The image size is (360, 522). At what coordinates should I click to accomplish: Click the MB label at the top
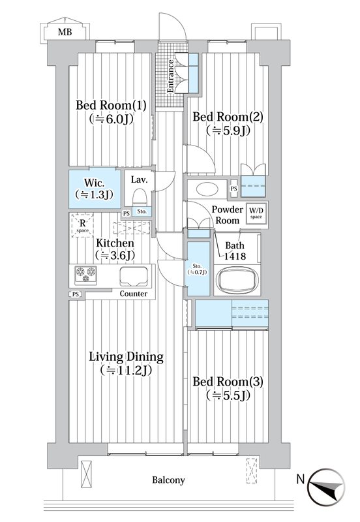click(x=65, y=32)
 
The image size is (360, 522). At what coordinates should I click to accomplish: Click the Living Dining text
click(x=126, y=357)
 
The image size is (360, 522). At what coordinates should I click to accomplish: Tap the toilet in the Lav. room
click(x=140, y=197)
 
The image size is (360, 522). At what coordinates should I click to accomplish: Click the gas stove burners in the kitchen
click(x=86, y=275)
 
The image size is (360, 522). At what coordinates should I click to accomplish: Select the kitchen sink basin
click(x=134, y=276)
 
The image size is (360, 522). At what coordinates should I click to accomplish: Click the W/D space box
click(x=256, y=213)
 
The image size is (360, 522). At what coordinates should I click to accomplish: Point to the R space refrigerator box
click(x=82, y=225)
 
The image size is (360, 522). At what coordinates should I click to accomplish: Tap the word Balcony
click(x=168, y=480)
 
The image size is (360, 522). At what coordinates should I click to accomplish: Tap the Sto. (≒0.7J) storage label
click(x=197, y=269)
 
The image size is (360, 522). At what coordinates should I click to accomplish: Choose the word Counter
click(x=134, y=294)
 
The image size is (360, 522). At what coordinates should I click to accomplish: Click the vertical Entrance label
click(x=170, y=76)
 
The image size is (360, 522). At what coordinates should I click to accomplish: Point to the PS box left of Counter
click(x=76, y=294)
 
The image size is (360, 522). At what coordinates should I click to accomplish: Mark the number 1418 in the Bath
click(x=235, y=256)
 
